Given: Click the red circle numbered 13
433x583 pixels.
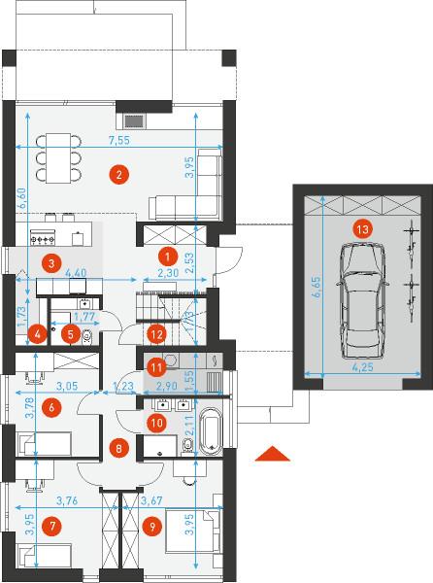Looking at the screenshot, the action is (362, 229).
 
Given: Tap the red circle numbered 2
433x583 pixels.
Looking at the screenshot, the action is (118, 174).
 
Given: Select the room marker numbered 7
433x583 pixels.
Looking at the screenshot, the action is (52, 526).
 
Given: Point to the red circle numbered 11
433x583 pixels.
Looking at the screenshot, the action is (156, 367).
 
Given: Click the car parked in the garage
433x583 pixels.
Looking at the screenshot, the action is (362, 301).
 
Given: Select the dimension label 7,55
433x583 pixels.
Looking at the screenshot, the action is (118, 141).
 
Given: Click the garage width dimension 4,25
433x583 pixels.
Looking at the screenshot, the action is (362, 367).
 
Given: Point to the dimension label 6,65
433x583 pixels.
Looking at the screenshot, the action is (316, 287).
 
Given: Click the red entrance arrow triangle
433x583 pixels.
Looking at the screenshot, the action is (272, 454).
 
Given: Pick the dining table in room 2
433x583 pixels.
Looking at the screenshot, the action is (58, 158).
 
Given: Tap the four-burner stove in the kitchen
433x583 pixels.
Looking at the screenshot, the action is (43, 237).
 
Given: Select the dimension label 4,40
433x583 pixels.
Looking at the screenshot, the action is (76, 273).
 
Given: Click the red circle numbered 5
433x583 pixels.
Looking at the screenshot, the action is (71, 334).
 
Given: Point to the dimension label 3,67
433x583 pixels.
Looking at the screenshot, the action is (151, 500).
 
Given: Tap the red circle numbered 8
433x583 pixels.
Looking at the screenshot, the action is (118, 448).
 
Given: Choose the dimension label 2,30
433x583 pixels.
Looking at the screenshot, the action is (168, 273).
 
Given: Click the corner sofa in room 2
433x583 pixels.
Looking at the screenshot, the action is (185, 185).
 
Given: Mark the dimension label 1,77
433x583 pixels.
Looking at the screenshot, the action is (84, 317).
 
